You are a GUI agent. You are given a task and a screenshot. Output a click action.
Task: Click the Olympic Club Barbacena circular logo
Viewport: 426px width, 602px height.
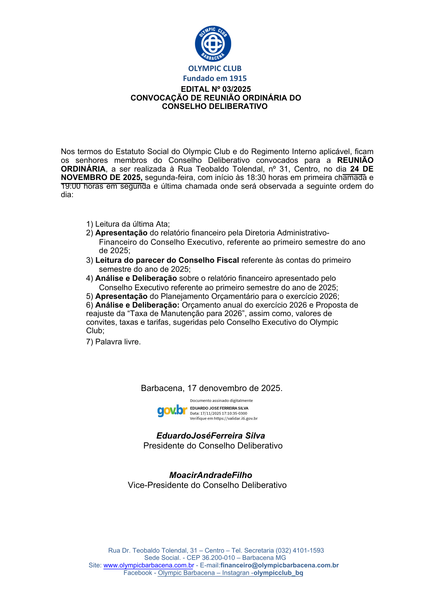(x=213, y=44)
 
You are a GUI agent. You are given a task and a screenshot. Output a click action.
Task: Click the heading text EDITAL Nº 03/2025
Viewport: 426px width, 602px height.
(x=216, y=89)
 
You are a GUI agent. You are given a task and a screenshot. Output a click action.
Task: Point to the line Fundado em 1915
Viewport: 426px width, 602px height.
(x=215, y=78)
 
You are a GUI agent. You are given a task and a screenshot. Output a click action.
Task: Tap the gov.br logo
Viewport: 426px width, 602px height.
(x=172, y=410)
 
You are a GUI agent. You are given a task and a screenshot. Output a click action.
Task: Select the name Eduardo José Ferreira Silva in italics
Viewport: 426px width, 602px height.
(x=211, y=436)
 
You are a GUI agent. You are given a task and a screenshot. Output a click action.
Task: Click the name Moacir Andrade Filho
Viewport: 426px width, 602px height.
(x=211, y=475)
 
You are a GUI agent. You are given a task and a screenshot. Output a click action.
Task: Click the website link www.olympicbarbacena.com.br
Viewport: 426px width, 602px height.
(x=149, y=565)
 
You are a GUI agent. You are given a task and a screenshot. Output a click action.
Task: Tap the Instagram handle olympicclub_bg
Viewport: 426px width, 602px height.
(x=278, y=573)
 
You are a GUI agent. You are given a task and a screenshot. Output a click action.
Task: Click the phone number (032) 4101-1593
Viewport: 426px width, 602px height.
(x=300, y=551)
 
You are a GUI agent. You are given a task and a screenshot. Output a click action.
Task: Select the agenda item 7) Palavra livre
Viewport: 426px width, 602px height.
(x=114, y=342)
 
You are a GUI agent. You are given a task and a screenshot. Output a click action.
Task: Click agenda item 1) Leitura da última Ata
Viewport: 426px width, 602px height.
(x=128, y=224)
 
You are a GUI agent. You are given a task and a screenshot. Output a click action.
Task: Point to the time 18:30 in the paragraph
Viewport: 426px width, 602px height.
(x=256, y=178)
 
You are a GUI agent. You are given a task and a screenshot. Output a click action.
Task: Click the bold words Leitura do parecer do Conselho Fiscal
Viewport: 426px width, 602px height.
(x=167, y=260)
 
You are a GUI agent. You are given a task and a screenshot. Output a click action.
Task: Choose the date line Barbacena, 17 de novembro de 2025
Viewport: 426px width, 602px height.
(x=211, y=388)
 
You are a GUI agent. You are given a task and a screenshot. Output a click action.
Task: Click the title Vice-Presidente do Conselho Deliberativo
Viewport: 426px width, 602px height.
(x=207, y=485)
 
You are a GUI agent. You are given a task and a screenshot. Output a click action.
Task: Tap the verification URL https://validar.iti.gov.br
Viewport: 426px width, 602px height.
(x=236, y=418)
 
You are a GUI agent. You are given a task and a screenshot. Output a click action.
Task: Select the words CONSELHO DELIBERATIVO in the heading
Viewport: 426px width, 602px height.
(x=215, y=106)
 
